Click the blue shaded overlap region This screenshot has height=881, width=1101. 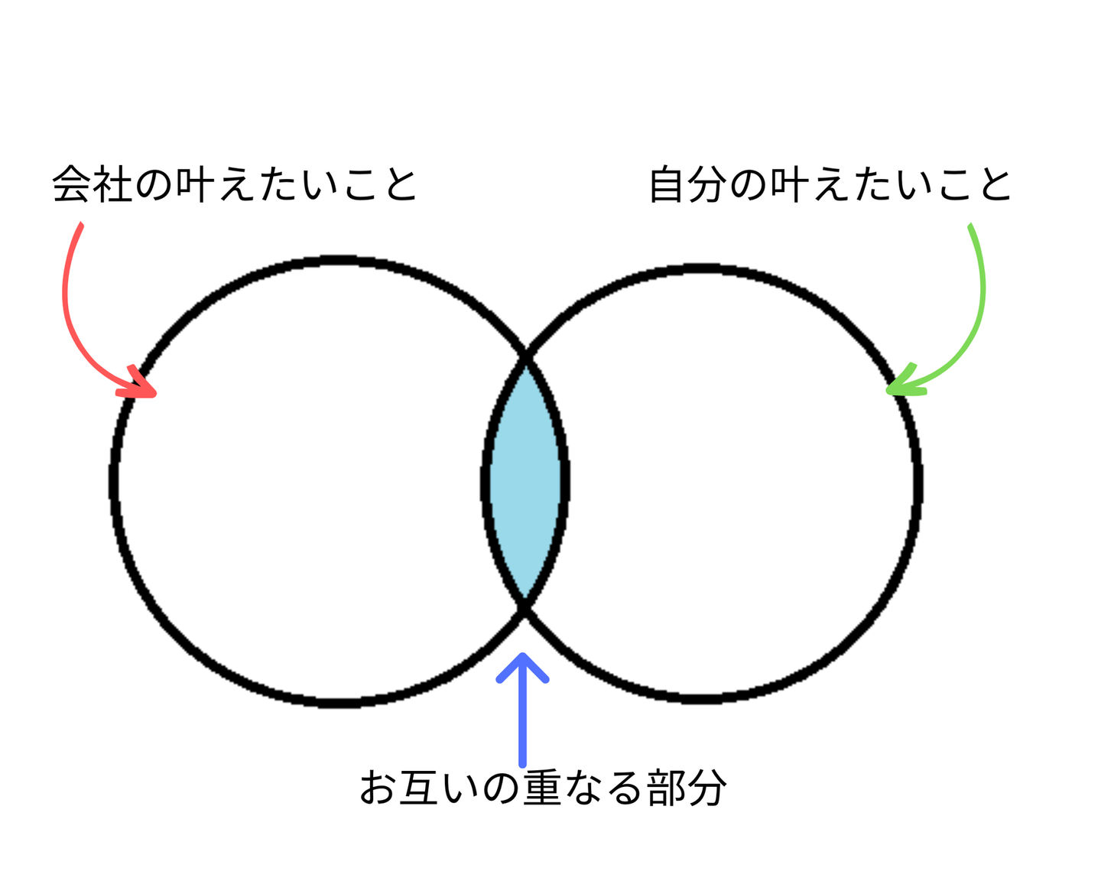pos(525,482)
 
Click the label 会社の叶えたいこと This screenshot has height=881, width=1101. pos(234,185)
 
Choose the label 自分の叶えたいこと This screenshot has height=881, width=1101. pos(830,185)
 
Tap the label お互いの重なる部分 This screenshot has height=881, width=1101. pos(542,788)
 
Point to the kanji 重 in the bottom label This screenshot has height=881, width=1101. pos(542,788)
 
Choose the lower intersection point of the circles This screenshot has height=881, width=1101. pos(525,607)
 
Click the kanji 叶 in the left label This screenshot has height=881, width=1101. pos(195,185)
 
